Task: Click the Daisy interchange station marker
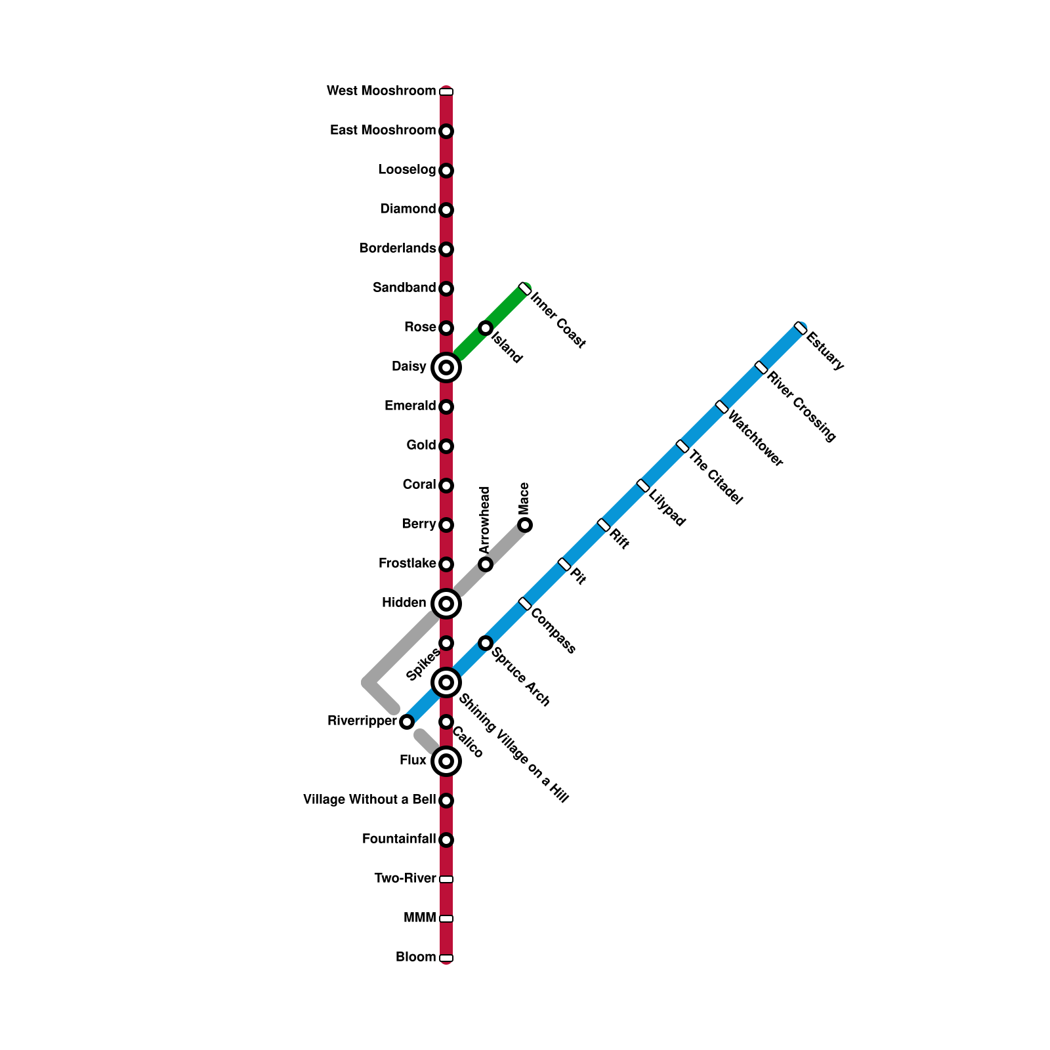[x=446, y=367]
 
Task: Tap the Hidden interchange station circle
[x=446, y=604]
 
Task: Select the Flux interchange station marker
[x=446, y=761]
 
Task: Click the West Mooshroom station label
[x=381, y=91]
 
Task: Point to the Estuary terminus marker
[x=800, y=328]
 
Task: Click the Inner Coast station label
[x=558, y=320]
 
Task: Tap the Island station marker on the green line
[x=486, y=328]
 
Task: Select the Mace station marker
[x=525, y=525]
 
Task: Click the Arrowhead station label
[x=485, y=520]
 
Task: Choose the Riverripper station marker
[x=407, y=722]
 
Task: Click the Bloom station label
[x=415, y=957]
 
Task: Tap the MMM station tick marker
[x=446, y=919]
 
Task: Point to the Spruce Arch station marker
[x=486, y=643]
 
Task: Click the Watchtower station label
[x=755, y=439]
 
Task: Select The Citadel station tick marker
[x=682, y=446]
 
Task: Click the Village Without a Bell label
[x=369, y=800]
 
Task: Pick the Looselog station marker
[x=446, y=171]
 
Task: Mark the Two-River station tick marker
[x=446, y=879]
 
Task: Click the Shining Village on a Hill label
[x=513, y=748]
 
